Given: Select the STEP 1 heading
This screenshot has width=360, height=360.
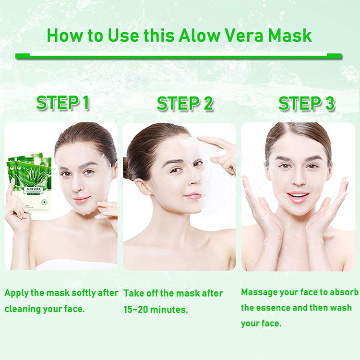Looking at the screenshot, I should tap(63, 103).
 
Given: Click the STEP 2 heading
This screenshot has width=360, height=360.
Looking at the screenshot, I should tap(185, 103).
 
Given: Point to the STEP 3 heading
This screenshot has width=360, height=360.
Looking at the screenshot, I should tap(307, 103).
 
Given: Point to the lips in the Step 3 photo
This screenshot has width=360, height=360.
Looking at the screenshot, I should tap(299, 196).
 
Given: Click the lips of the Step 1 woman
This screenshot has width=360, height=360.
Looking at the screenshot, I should tap(81, 199).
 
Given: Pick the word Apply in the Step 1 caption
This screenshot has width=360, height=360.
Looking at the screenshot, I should tap(16, 293).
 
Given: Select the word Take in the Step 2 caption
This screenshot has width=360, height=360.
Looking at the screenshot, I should tap(134, 293).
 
